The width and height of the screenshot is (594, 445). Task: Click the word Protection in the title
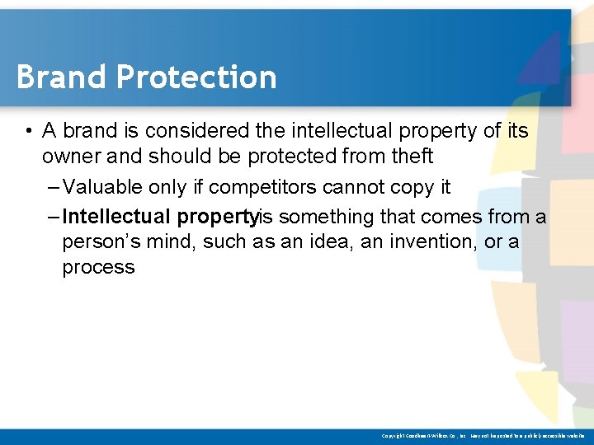pyautogui.click(x=196, y=77)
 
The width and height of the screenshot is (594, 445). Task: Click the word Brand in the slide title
pyautogui.click(x=62, y=77)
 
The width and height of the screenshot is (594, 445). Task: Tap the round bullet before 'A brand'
pyautogui.click(x=28, y=131)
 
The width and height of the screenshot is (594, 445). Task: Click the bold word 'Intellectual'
pyautogui.click(x=115, y=217)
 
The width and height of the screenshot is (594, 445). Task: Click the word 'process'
pyautogui.click(x=98, y=267)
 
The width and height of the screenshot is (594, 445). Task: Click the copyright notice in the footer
pyautogui.click(x=483, y=434)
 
